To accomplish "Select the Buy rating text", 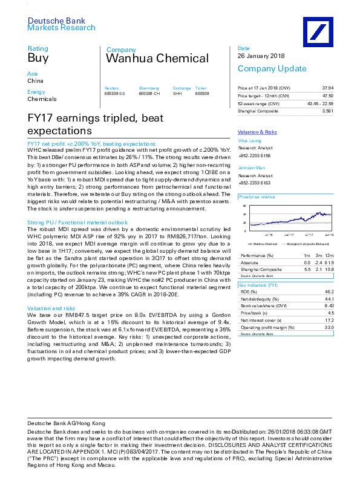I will (38, 58).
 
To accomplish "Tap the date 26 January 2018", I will (261, 56).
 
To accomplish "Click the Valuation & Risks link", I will (257, 132).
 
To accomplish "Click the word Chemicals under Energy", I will (42, 99).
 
